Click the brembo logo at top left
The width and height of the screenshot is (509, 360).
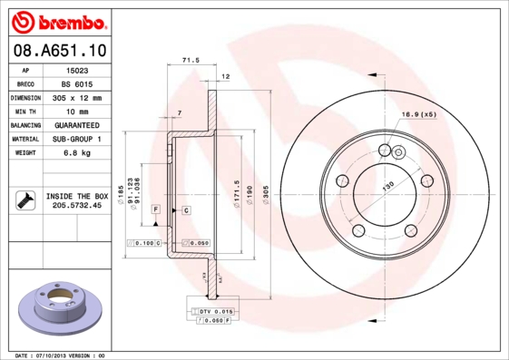tap(56, 20)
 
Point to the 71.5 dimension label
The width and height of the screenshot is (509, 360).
tap(191, 61)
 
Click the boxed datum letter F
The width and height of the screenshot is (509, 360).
tap(156, 209)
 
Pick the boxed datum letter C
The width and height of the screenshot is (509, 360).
tap(185, 209)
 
